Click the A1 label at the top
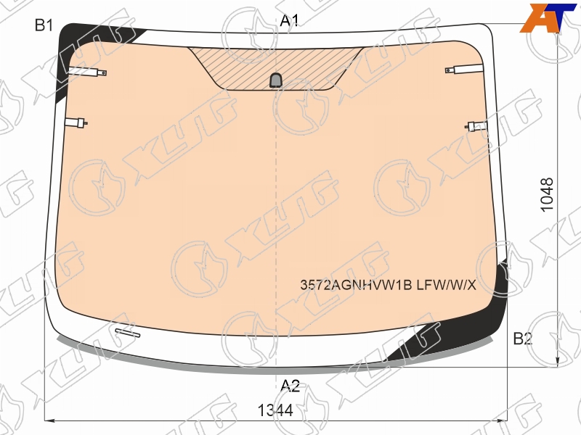pyautogui.click(x=289, y=20)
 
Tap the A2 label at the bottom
pyautogui.click(x=290, y=386)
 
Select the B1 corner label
pyautogui.click(x=44, y=25)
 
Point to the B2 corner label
pyautogui.click(x=522, y=339)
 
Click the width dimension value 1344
pyautogui.click(x=275, y=410)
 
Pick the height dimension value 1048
pyautogui.click(x=548, y=195)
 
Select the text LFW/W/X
pyautogui.click(x=447, y=285)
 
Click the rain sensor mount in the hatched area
pyautogui.click(x=275, y=80)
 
